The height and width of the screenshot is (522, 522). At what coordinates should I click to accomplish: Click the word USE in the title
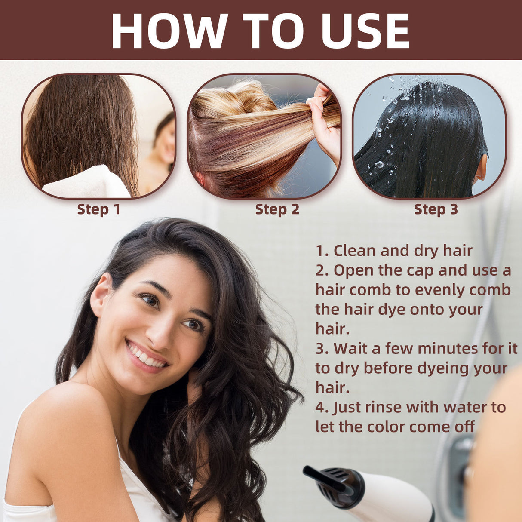365,31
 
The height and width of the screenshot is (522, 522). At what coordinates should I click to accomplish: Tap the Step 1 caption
98,209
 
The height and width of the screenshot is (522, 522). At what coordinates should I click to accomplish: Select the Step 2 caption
277,209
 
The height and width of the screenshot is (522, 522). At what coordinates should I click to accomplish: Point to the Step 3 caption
436,209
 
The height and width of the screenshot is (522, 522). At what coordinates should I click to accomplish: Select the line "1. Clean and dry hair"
394,251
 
